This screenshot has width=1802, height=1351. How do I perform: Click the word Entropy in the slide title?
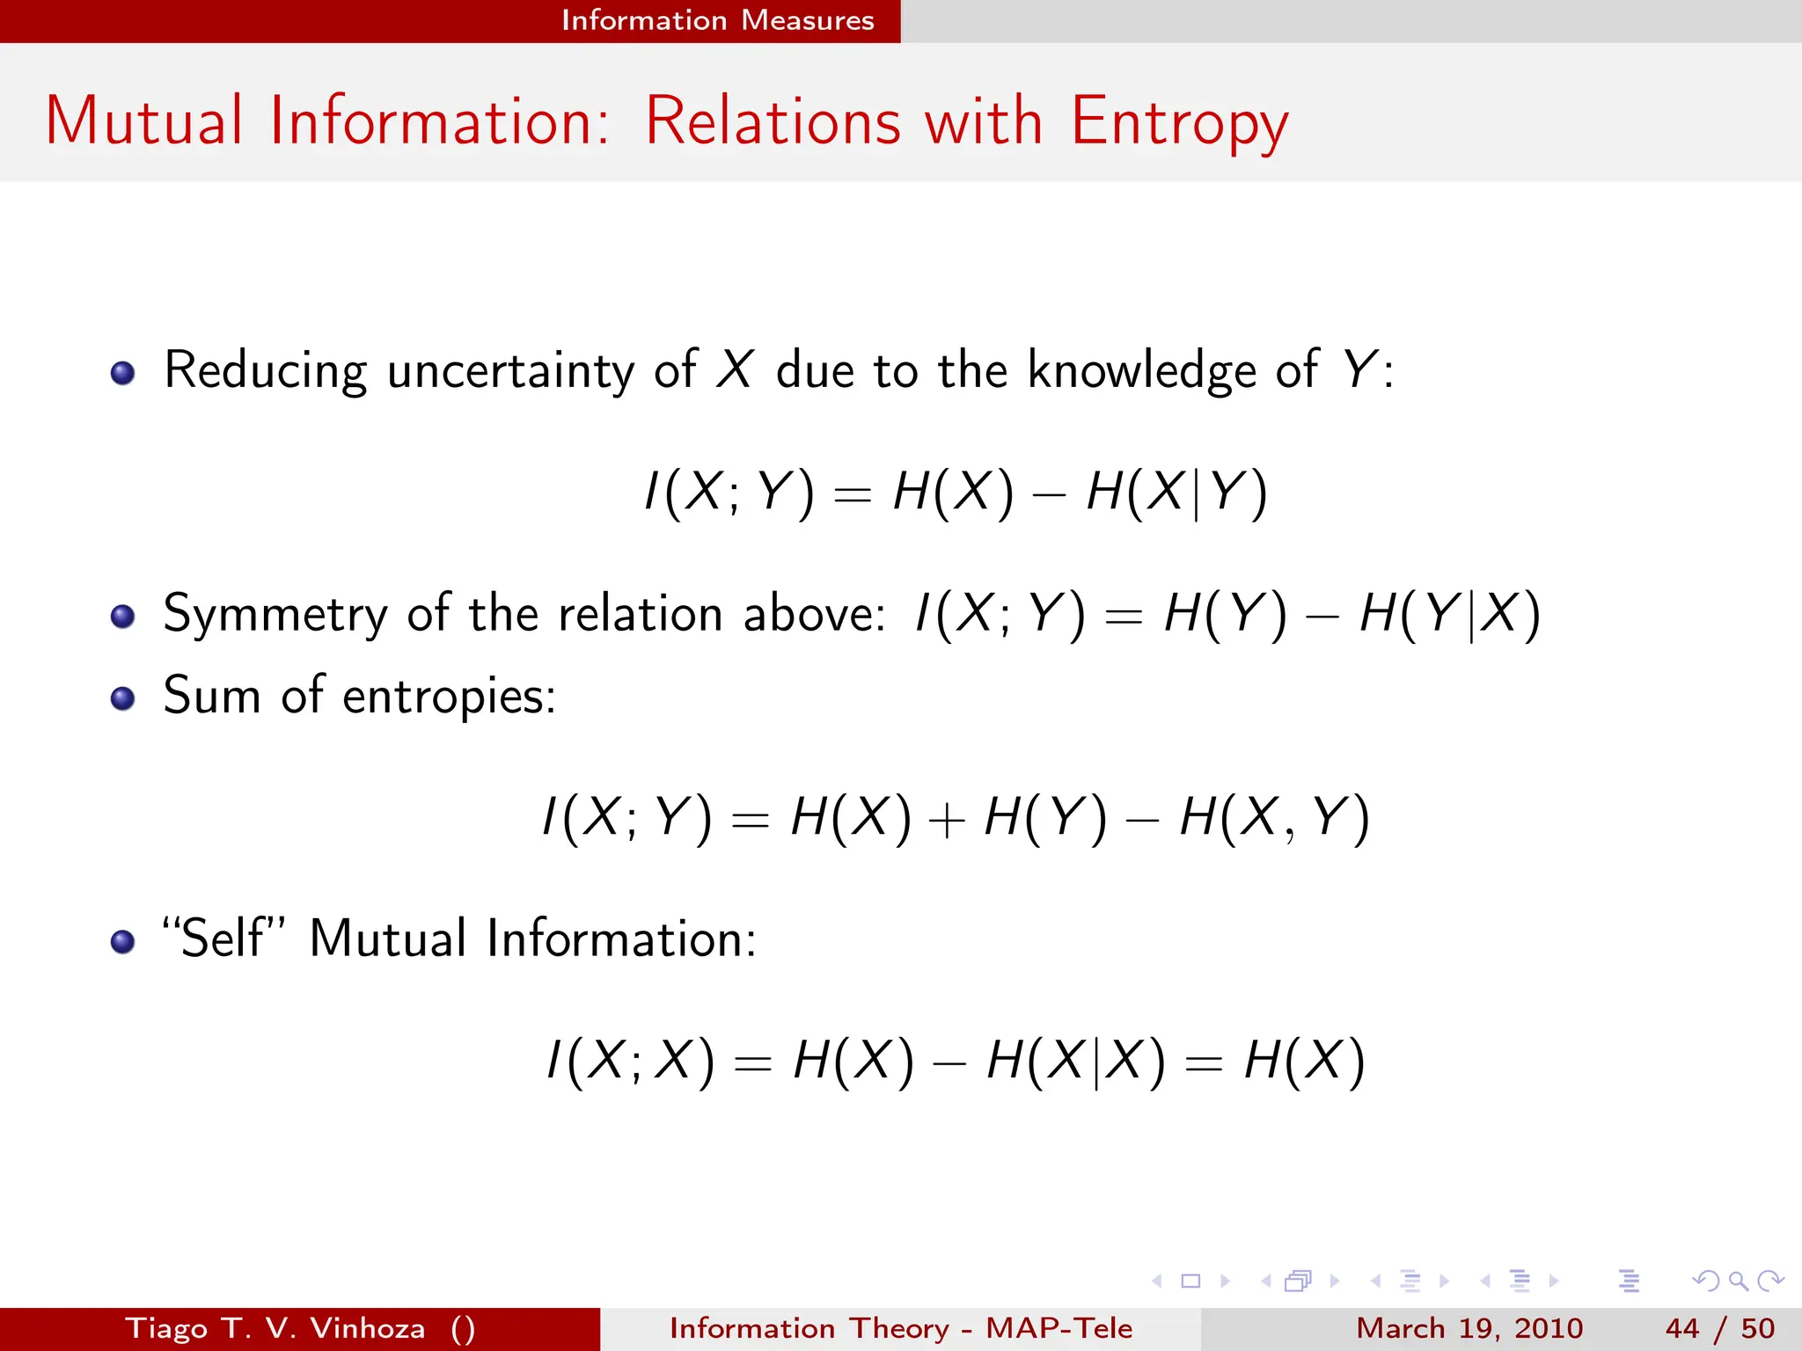click(x=1179, y=121)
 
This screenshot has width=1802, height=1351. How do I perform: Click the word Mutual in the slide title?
click(x=144, y=121)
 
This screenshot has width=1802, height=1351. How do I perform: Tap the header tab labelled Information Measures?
click(x=717, y=20)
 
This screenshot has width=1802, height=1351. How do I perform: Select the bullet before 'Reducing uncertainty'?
click(x=123, y=373)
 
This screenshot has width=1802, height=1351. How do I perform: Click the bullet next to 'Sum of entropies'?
click(x=123, y=698)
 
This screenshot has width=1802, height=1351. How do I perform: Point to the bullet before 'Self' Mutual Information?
click(x=123, y=942)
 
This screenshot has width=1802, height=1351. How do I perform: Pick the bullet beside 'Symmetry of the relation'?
click(x=123, y=617)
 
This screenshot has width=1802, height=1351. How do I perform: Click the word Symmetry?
click(x=275, y=613)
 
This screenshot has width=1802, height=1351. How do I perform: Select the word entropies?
click(x=449, y=697)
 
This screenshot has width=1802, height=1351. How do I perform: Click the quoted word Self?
click(x=224, y=938)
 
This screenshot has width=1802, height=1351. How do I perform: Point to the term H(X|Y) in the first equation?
click(x=1176, y=492)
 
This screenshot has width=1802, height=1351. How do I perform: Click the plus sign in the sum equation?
click(x=947, y=821)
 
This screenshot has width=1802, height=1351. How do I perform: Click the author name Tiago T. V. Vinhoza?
click(x=275, y=1328)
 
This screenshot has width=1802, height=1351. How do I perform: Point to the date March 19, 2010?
click(x=1469, y=1328)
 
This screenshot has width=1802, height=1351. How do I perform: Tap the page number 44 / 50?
click(x=1719, y=1328)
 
